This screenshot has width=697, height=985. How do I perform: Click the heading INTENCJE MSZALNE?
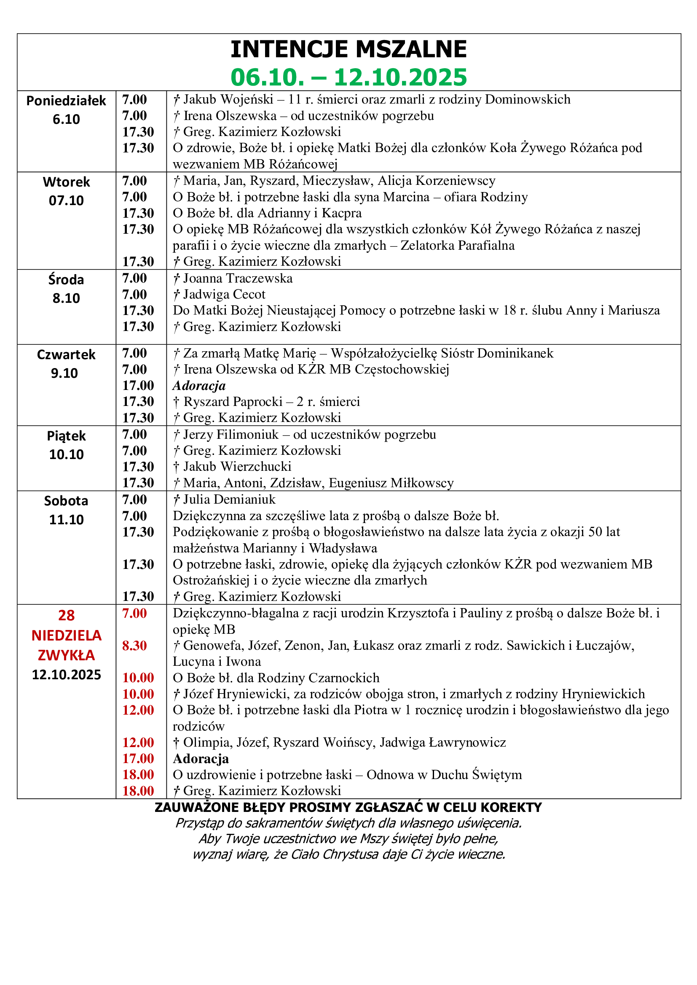(348, 49)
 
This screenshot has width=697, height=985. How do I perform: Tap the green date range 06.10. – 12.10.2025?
(348, 77)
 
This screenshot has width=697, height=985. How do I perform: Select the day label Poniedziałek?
(66, 101)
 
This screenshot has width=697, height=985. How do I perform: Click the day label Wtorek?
(66, 182)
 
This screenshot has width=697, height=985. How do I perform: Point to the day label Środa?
(66, 280)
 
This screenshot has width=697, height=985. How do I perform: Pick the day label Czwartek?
(66, 355)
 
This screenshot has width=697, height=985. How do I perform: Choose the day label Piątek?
(66, 436)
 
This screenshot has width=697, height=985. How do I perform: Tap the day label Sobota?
(66, 501)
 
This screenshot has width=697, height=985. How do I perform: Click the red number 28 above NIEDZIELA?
(66, 616)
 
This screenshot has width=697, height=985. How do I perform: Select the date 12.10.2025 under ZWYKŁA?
(66, 675)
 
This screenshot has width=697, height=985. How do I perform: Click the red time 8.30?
(134, 646)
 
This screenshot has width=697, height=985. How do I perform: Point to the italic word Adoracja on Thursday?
(199, 386)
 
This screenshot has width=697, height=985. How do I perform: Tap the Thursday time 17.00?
(138, 386)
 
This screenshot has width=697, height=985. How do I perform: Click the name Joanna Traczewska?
(238, 278)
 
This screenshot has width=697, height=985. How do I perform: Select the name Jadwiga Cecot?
(224, 294)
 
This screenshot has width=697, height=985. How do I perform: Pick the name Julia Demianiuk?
(229, 499)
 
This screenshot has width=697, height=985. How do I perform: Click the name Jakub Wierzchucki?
(237, 466)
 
